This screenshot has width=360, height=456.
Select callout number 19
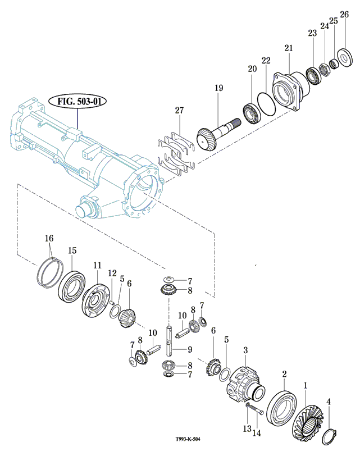218,88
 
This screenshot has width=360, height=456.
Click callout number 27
179,111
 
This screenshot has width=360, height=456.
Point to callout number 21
289,48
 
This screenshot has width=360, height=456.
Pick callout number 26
344,15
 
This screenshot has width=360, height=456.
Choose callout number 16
50,238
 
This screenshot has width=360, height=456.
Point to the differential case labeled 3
243,381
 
